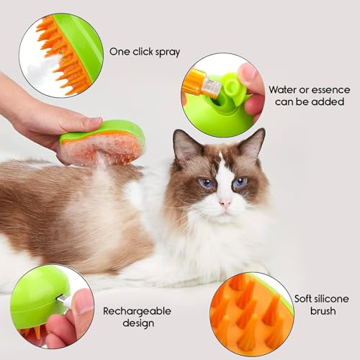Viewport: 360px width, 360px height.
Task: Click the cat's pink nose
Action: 225,204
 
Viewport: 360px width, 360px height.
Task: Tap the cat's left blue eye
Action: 206,184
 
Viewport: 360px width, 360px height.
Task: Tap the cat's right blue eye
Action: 240,182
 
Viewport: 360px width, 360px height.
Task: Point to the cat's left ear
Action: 185,144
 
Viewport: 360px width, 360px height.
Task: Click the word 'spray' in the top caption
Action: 168,53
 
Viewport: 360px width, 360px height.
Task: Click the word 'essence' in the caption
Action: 331,90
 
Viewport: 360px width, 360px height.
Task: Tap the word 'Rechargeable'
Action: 137,312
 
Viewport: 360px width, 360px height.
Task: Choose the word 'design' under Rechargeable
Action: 138,323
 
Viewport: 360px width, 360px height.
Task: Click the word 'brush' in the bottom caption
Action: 323,311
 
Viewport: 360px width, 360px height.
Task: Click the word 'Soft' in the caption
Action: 304,299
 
